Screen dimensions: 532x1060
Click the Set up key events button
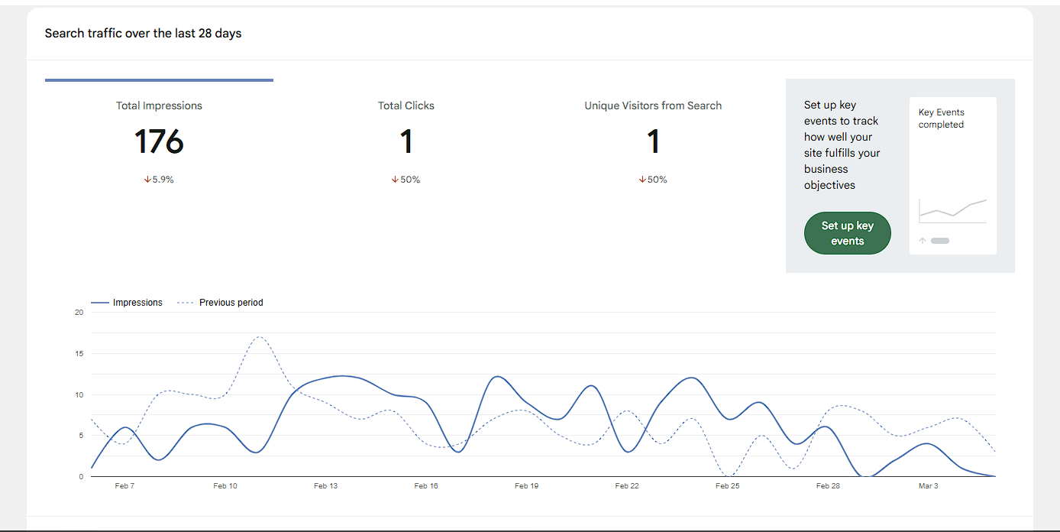847,233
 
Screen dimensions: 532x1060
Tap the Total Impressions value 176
159,142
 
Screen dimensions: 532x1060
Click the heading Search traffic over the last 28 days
143,34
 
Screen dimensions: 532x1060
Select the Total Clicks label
406,105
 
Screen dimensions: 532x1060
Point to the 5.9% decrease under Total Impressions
159,180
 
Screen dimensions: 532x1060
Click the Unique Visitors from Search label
653,105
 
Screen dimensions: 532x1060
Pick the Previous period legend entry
221,303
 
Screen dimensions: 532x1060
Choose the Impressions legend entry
128,303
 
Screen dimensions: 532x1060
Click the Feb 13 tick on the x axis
325,486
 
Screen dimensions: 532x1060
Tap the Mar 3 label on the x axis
928,486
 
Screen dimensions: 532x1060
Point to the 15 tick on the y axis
79,354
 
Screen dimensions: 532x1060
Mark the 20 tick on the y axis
79,313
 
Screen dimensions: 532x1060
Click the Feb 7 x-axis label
124,486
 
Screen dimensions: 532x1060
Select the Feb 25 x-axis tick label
727,486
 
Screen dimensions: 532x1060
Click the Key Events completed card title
941,118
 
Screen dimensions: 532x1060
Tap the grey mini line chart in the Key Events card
952,209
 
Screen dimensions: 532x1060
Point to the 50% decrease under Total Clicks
406,180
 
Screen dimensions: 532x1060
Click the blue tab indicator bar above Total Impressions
159,79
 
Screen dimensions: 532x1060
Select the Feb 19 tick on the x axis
526,486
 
